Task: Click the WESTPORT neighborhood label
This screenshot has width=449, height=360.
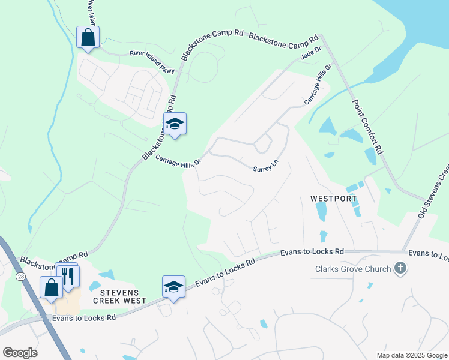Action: coord(333,198)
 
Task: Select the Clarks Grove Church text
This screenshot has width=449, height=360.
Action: coord(353,269)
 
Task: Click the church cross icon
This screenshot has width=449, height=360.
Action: coord(400,269)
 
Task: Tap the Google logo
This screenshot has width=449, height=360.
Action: coord(20,353)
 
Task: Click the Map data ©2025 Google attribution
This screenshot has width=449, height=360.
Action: coord(412,355)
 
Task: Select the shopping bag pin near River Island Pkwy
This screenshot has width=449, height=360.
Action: coord(88,37)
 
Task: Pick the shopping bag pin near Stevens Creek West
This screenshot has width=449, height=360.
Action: coord(51,287)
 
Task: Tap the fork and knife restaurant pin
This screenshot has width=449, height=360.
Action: coord(68,276)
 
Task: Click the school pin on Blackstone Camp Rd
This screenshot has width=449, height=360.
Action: coord(175,124)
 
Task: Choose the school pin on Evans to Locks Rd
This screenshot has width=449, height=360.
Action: coord(173,287)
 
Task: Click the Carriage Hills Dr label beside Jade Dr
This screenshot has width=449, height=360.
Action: coord(318,85)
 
